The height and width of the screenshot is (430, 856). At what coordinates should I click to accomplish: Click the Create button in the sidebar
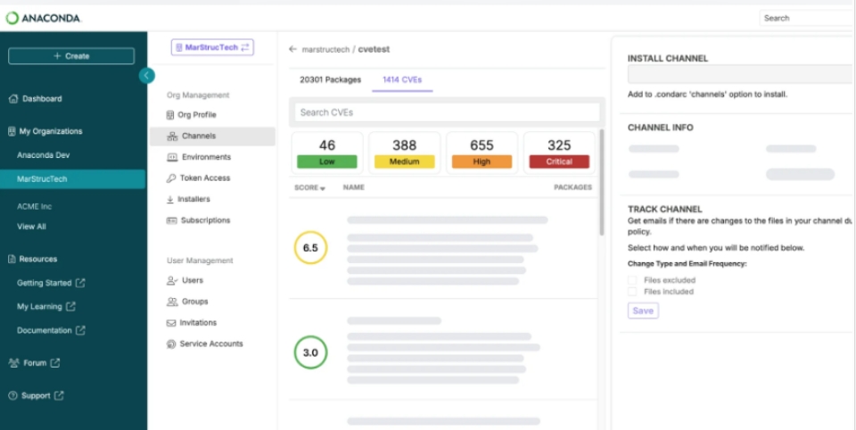(71, 56)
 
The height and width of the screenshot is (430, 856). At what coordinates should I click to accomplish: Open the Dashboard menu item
(42, 99)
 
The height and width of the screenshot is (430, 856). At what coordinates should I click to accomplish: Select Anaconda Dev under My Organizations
(43, 155)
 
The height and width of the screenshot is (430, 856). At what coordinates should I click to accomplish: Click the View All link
(31, 227)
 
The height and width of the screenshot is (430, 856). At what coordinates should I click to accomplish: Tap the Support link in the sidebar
(36, 395)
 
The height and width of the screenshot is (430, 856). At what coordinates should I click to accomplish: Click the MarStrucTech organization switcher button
(212, 47)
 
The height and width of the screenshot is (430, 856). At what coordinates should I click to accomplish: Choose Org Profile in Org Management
(196, 115)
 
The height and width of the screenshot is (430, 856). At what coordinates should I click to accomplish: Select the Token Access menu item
(204, 178)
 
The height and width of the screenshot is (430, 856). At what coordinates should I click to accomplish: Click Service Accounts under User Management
(210, 343)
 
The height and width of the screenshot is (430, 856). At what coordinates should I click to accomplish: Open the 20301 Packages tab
(330, 79)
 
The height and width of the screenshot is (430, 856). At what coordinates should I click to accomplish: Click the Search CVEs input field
(447, 112)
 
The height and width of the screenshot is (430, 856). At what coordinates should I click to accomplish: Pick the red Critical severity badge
(559, 161)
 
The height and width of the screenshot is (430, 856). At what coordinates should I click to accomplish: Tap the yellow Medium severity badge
(404, 161)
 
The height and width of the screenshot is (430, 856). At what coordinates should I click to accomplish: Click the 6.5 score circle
(310, 248)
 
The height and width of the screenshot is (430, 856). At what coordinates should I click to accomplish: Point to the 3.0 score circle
(310, 352)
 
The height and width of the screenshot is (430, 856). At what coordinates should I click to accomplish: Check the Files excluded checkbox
(632, 280)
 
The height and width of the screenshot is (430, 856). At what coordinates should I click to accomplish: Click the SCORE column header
(309, 187)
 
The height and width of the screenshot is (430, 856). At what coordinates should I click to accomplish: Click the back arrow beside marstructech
(292, 50)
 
